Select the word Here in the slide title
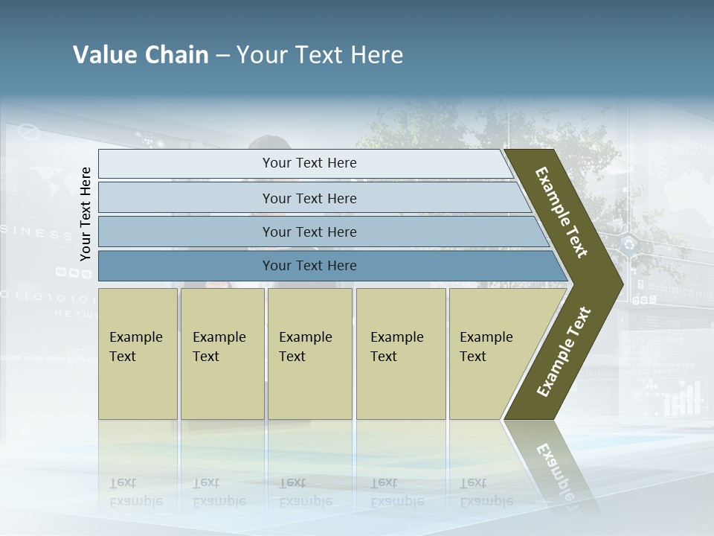point(376,55)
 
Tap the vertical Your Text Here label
point(86,214)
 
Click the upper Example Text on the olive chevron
point(562,212)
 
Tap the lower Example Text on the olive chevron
point(564,351)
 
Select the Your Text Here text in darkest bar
point(309,266)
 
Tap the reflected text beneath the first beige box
point(135,492)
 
